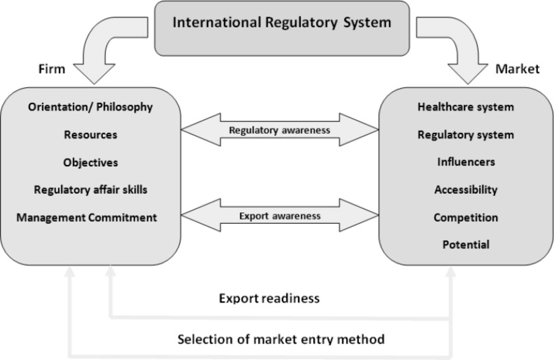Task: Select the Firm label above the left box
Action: (x=52, y=69)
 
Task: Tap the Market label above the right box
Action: (x=517, y=69)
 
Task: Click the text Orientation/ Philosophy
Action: (x=90, y=107)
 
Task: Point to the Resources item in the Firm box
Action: (x=90, y=135)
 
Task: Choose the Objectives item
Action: (x=90, y=162)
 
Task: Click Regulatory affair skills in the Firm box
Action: (x=90, y=189)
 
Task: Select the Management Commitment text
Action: (x=86, y=217)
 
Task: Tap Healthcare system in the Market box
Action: (x=465, y=107)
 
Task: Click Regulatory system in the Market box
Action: (x=465, y=135)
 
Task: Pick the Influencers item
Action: (x=465, y=162)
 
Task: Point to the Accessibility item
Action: (x=465, y=189)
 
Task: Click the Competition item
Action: (x=465, y=217)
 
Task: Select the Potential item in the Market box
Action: (x=465, y=244)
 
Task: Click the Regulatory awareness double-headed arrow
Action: (x=280, y=131)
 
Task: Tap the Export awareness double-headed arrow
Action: (x=280, y=216)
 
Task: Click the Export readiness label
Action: (x=269, y=299)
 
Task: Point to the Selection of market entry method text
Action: (x=281, y=338)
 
